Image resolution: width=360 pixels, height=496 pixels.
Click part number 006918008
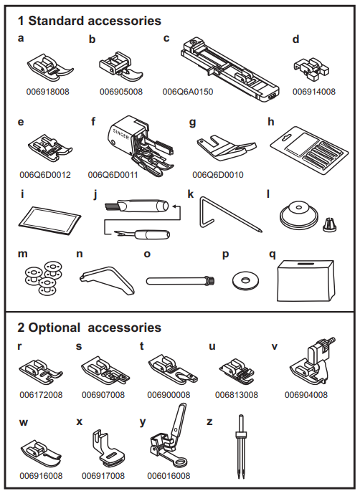[x=47, y=92]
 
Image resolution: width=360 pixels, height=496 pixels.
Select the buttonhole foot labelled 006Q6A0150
[x=230, y=70]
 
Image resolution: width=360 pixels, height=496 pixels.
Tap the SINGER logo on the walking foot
[x=121, y=134]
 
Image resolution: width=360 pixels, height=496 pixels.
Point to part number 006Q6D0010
[x=218, y=175]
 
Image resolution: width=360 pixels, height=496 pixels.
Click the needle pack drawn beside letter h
[x=310, y=148]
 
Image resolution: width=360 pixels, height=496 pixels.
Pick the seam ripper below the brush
[x=142, y=234]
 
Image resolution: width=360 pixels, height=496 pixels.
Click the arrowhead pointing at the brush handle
[x=174, y=207]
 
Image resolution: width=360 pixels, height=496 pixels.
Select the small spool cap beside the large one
[x=330, y=224]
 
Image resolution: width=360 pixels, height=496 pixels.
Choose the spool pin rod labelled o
[x=181, y=280]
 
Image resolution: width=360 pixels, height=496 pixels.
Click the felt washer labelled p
[x=245, y=280]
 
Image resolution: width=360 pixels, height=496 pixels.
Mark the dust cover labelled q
[x=306, y=281]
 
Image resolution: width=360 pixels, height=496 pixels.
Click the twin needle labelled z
[x=242, y=447]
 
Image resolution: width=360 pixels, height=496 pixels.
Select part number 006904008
[x=306, y=395]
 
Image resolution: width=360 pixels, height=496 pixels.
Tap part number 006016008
[x=169, y=476]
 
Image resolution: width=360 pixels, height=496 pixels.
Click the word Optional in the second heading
[x=54, y=328]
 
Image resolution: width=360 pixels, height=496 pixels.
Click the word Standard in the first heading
[x=56, y=21]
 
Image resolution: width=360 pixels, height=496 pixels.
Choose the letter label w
[x=24, y=423]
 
